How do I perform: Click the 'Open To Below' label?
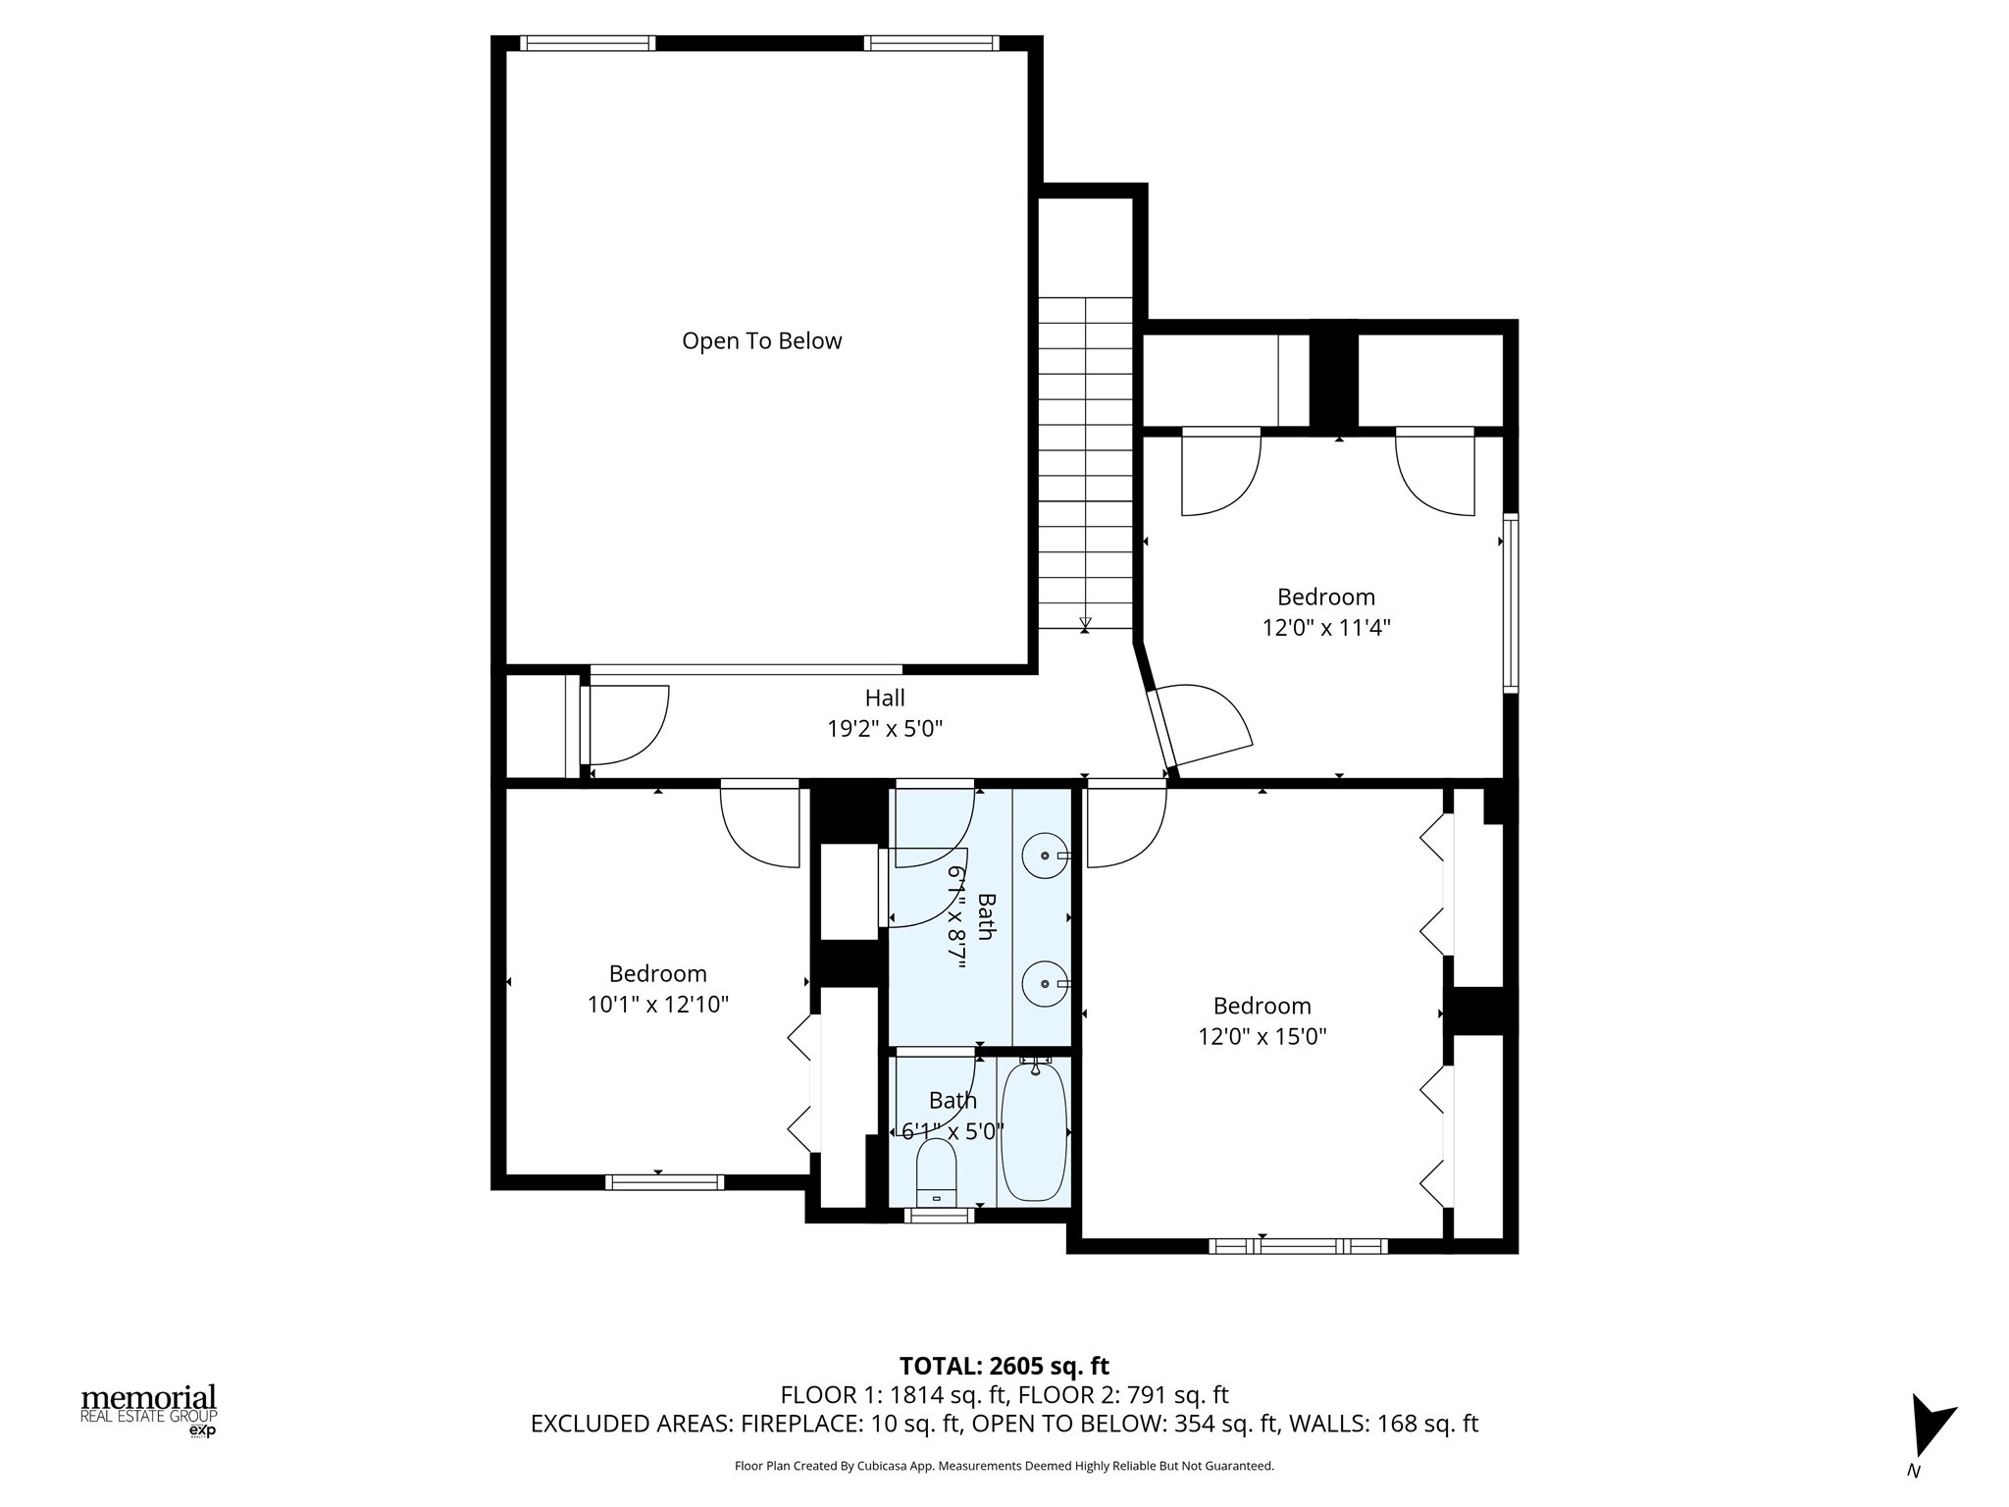[x=761, y=341]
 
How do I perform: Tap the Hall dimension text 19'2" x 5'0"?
[x=885, y=729]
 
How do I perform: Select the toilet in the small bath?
[x=936, y=1173]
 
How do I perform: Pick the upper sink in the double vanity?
[x=1045, y=856]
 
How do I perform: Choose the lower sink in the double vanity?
[x=1045, y=983]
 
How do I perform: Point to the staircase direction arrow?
[x=1085, y=623]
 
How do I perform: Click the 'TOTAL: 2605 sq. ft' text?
[x=1004, y=1366]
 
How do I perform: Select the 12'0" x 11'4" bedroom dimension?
[x=1326, y=628]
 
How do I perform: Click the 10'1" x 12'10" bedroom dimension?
[x=657, y=1005]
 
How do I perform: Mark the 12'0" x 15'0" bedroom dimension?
[x=1262, y=1037]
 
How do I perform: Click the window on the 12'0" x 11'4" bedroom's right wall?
[x=1511, y=603]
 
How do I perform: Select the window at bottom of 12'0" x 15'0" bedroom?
[x=1298, y=1246]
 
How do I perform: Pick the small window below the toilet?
[x=939, y=1215]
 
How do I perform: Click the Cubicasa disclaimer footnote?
[x=1004, y=1466]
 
